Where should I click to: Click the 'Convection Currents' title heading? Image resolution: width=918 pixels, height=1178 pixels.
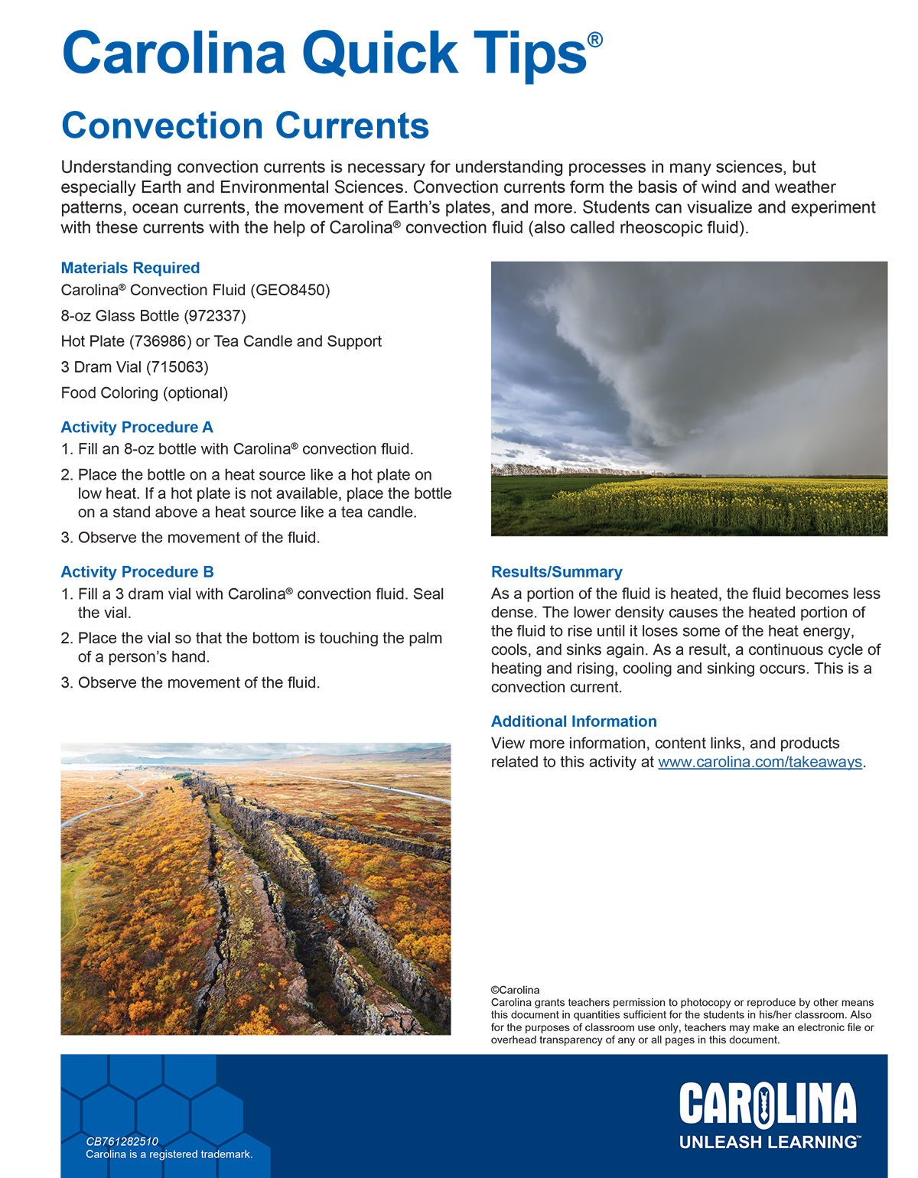[245, 126]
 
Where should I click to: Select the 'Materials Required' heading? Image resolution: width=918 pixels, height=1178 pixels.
[130, 268]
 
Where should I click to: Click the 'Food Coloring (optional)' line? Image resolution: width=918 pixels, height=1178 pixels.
[145, 393]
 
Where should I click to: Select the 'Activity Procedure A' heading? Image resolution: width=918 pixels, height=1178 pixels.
[137, 427]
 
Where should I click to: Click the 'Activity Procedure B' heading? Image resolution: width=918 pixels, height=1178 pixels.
[137, 571]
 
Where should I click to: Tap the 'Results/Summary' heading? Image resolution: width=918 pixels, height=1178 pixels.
[556, 571]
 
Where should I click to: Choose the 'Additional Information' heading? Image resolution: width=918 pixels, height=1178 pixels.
[574, 721]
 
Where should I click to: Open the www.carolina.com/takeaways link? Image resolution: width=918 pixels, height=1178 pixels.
[760, 762]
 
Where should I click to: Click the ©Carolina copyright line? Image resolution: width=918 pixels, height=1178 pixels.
[515, 990]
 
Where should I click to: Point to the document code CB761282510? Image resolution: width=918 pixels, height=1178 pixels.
[122, 1141]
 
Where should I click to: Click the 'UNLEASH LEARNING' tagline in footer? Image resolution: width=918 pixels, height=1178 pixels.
[768, 1142]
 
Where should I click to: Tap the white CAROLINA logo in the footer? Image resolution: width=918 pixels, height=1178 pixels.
[767, 1105]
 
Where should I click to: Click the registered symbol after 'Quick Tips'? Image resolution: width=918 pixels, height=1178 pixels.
[594, 39]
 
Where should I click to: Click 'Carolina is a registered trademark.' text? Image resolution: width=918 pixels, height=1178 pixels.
[169, 1154]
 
